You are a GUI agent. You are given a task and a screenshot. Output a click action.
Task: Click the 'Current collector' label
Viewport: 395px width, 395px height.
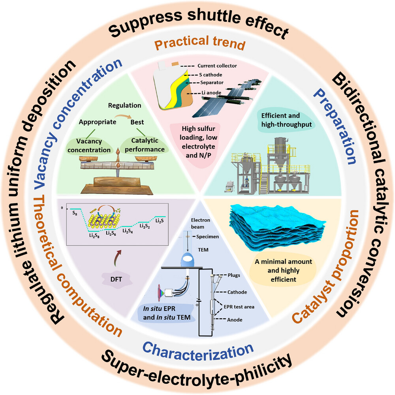[x=217, y=66]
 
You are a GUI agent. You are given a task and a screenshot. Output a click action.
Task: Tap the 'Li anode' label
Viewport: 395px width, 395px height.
[x=211, y=93]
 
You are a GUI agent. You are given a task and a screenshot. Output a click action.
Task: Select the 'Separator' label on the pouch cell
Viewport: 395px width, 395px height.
[x=212, y=83]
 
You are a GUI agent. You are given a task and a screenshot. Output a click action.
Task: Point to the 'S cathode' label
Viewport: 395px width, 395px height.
[x=211, y=75]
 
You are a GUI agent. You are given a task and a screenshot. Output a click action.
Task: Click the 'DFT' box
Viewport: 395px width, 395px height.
[x=116, y=279]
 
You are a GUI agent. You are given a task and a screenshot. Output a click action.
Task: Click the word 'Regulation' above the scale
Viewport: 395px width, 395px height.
[x=125, y=105]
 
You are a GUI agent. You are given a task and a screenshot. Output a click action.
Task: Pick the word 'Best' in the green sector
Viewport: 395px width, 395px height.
[x=137, y=122]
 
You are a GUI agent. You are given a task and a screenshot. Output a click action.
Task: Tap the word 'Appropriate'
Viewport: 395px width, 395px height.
[x=98, y=122]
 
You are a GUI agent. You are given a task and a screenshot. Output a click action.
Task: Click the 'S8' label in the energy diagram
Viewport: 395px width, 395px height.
[x=75, y=213]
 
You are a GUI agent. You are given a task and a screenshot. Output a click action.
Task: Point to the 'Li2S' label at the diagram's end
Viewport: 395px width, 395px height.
[x=160, y=221]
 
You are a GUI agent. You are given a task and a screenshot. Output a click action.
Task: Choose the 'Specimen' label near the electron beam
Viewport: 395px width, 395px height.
[x=208, y=237]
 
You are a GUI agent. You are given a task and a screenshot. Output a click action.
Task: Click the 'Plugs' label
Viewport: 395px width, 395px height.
[x=234, y=275]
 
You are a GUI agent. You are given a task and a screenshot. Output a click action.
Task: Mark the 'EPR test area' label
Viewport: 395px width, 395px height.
[x=239, y=307]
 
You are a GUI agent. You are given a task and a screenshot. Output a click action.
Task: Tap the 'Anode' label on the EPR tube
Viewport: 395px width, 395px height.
[x=235, y=320]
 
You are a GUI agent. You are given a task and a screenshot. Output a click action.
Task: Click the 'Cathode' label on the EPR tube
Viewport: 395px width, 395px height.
[x=237, y=292]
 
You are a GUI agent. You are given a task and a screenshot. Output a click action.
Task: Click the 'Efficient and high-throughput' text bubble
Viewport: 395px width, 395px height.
[x=286, y=120]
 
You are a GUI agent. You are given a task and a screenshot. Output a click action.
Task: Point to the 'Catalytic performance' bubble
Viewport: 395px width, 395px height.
[x=145, y=145]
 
